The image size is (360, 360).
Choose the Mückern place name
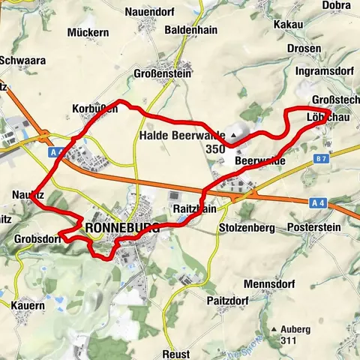point(88,33)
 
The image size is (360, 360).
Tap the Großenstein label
point(175,75)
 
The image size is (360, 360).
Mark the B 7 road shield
point(322,159)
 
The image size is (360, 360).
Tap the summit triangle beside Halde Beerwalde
point(234,135)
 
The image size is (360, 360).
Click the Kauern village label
point(28,306)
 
